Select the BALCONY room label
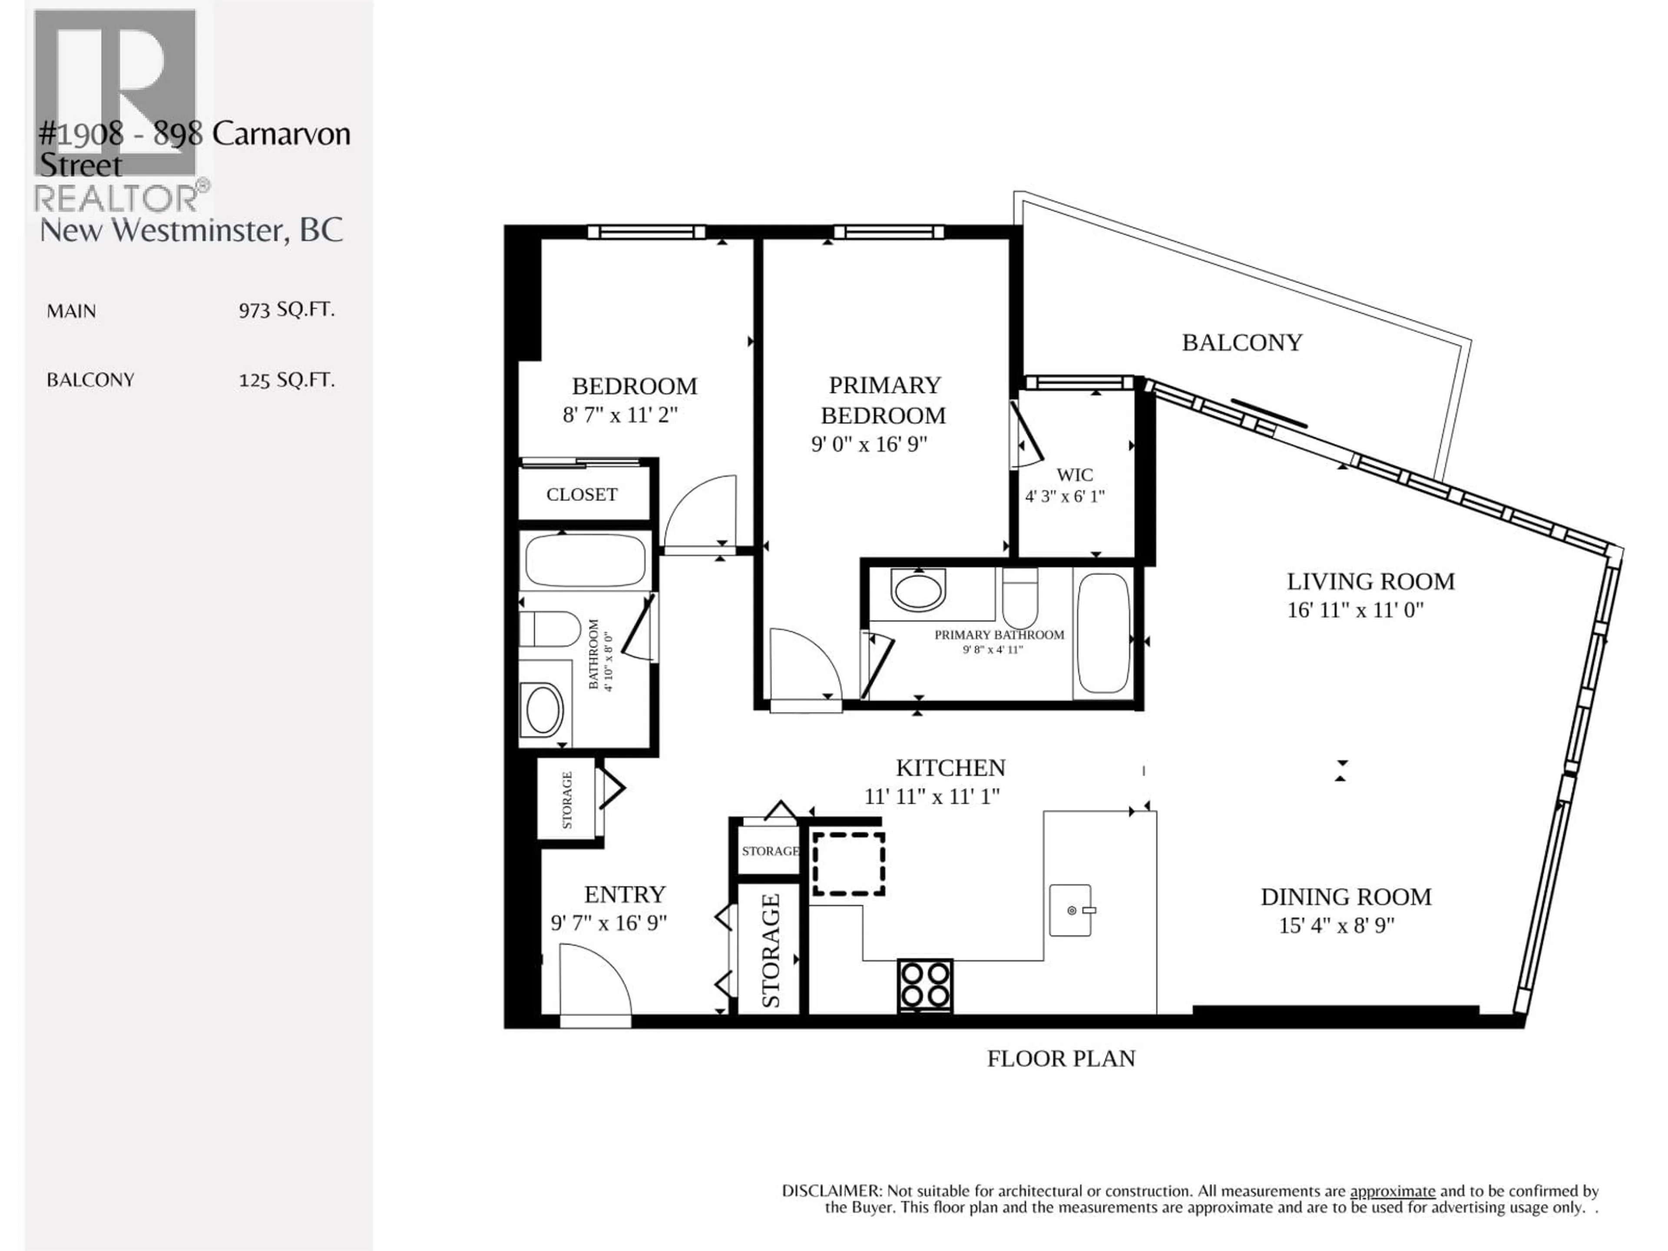coord(1241,342)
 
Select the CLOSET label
coord(581,495)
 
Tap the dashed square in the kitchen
coord(847,864)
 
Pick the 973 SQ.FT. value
coord(286,310)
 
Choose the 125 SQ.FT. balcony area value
coord(286,379)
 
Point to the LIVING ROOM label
coord(1370,581)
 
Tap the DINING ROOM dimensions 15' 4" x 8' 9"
coord(1336,925)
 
